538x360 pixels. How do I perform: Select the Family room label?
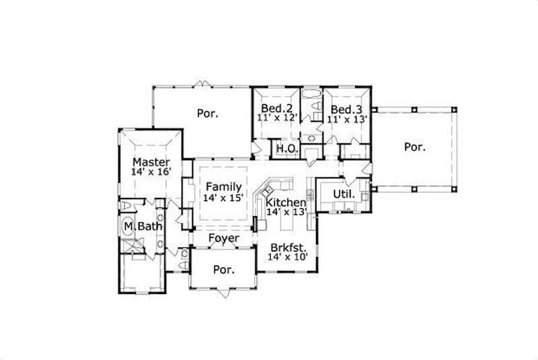pos(223,186)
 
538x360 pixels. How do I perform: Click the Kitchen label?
pos(285,202)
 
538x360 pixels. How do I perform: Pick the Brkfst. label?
pos(286,247)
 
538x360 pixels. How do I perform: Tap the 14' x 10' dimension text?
pos(286,257)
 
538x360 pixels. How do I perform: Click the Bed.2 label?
pos(276,109)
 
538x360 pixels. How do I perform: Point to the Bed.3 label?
pos(346,109)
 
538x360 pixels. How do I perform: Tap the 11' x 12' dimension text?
pos(276,118)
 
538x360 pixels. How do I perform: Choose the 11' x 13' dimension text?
pos(346,118)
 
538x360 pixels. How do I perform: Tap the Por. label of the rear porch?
pos(207,113)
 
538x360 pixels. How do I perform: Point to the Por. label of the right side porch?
pos(415,146)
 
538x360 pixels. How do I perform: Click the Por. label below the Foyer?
pos(223,270)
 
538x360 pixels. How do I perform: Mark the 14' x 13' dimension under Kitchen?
pos(286,211)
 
